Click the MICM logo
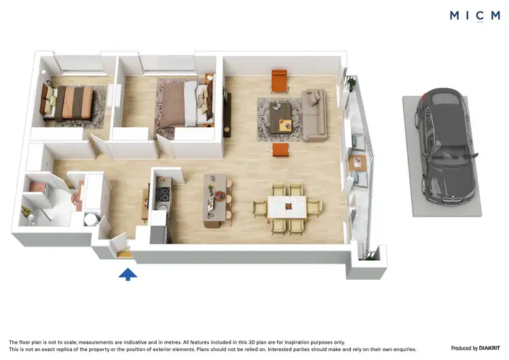tap(475, 16)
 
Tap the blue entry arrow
tap(128, 274)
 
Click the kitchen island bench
tap(216, 199)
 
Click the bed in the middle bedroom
tap(182, 102)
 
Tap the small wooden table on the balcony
tap(358, 164)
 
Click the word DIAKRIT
tap(485, 348)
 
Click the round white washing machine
tap(88, 219)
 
